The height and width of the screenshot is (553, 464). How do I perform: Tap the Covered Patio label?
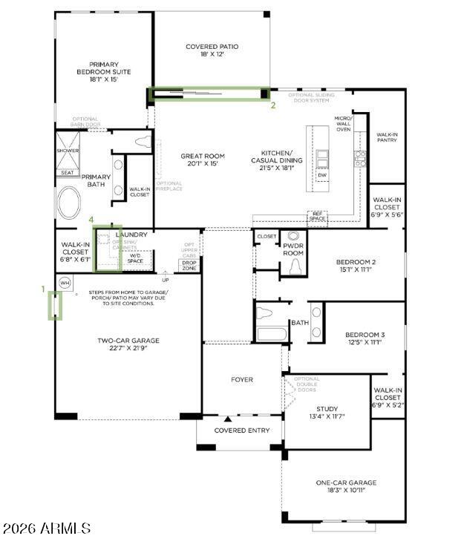(x=212, y=50)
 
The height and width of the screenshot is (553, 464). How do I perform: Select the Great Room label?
(x=199, y=160)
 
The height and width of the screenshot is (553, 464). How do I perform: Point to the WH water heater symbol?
(x=65, y=283)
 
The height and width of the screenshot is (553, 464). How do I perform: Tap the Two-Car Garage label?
(x=128, y=344)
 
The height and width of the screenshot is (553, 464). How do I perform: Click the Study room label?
(x=327, y=413)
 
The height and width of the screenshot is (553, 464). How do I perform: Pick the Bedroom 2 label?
(x=356, y=266)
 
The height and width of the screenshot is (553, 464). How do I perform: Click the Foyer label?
(x=241, y=379)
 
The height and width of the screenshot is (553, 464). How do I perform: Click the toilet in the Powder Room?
(x=294, y=266)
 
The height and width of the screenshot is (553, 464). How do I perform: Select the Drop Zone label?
(x=189, y=266)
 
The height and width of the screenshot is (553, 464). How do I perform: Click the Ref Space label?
(x=318, y=216)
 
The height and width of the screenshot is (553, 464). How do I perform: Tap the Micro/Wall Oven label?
(x=342, y=123)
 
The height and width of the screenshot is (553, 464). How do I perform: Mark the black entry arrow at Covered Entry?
(x=227, y=419)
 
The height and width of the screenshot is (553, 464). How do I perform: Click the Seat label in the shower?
(x=68, y=172)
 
